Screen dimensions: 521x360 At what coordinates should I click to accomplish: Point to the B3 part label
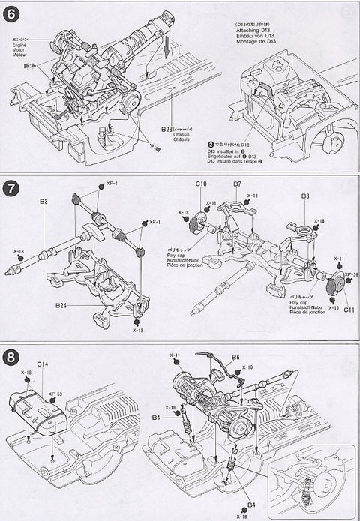(x=44, y=202)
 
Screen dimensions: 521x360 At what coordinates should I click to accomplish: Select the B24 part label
(x=61, y=306)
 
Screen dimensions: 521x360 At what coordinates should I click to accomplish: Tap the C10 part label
(x=202, y=184)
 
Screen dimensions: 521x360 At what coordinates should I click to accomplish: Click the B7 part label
(x=236, y=184)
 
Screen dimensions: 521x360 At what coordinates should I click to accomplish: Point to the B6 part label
(x=235, y=358)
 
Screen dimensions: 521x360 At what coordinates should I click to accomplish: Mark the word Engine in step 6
(x=20, y=43)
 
